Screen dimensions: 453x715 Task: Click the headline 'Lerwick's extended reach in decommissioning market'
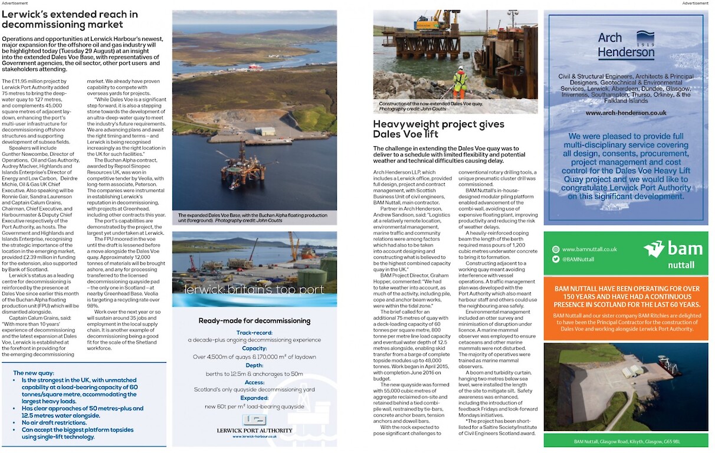coord(70,19)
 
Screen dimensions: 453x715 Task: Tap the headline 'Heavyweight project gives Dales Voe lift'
coord(438,129)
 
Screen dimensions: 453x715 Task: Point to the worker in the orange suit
coord(459,82)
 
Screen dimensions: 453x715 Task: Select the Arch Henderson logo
coord(626,45)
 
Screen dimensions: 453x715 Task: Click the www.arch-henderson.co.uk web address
coord(626,112)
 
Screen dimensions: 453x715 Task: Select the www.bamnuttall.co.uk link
coord(589,249)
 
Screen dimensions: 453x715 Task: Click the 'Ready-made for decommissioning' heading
coord(254,320)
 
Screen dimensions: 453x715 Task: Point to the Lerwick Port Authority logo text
coord(254,431)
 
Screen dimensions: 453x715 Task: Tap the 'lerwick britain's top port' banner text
coord(254,290)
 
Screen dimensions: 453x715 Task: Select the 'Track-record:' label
coord(254,332)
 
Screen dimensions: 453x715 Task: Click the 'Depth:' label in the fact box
coord(254,365)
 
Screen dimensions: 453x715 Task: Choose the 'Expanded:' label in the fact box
coord(254,398)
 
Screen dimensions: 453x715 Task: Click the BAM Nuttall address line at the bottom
coord(626,441)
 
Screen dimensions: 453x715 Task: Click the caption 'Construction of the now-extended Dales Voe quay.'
coord(431,104)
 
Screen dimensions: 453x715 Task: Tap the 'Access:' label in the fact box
coord(254,382)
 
